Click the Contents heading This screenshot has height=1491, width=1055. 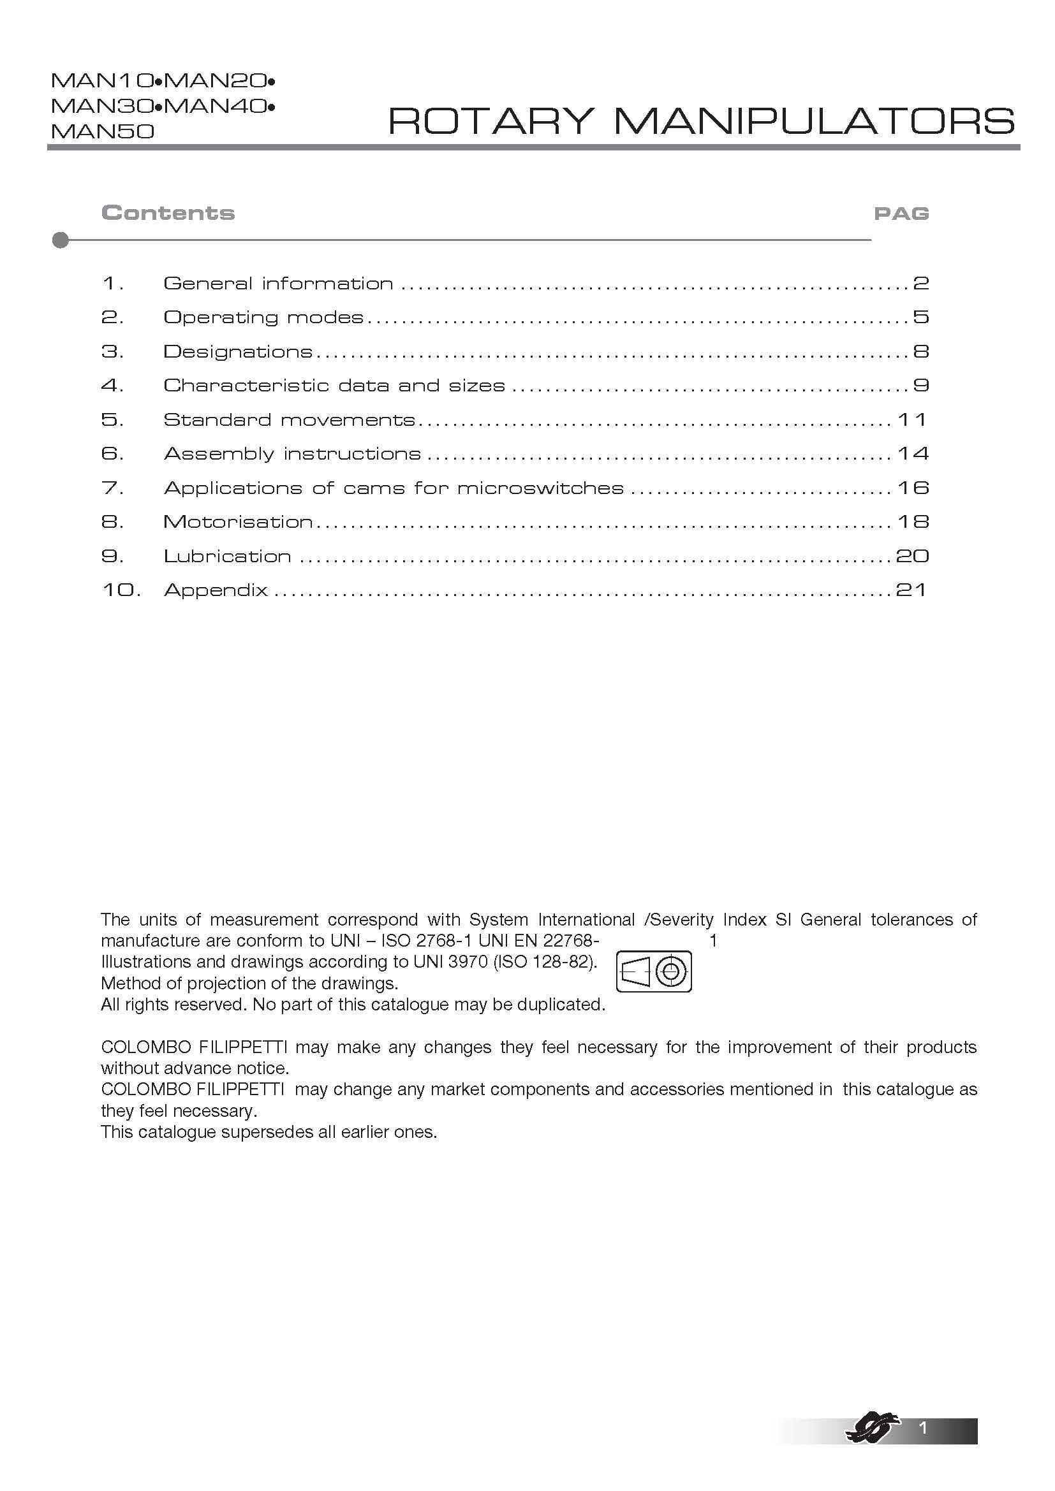point(168,213)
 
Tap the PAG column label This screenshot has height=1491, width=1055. point(901,214)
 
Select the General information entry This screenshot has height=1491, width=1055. point(278,284)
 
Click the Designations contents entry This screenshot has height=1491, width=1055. point(238,352)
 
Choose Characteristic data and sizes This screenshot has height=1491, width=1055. point(334,386)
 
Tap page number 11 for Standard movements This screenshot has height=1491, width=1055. point(911,420)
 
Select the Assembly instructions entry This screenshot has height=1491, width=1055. point(292,454)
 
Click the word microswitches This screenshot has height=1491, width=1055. point(540,488)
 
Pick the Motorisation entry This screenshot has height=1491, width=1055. point(238,522)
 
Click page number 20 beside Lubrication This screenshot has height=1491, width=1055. point(912,556)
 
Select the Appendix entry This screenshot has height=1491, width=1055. point(216,590)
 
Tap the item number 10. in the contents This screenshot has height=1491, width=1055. point(121,590)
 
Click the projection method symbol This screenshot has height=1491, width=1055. point(654,971)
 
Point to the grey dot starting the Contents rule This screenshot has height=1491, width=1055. point(61,240)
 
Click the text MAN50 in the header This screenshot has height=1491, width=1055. point(103,132)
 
